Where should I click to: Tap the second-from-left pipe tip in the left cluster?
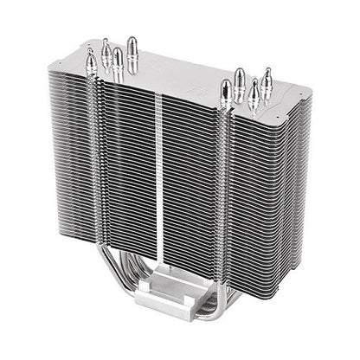pyautogui.click(x=105, y=48)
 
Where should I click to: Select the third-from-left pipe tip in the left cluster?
pyautogui.click(x=117, y=60)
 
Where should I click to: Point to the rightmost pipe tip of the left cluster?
pyautogui.click(x=132, y=46)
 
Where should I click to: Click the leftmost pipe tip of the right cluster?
pyautogui.click(x=227, y=89)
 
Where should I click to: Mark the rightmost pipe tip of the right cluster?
pyautogui.click(x=267, y=78)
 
